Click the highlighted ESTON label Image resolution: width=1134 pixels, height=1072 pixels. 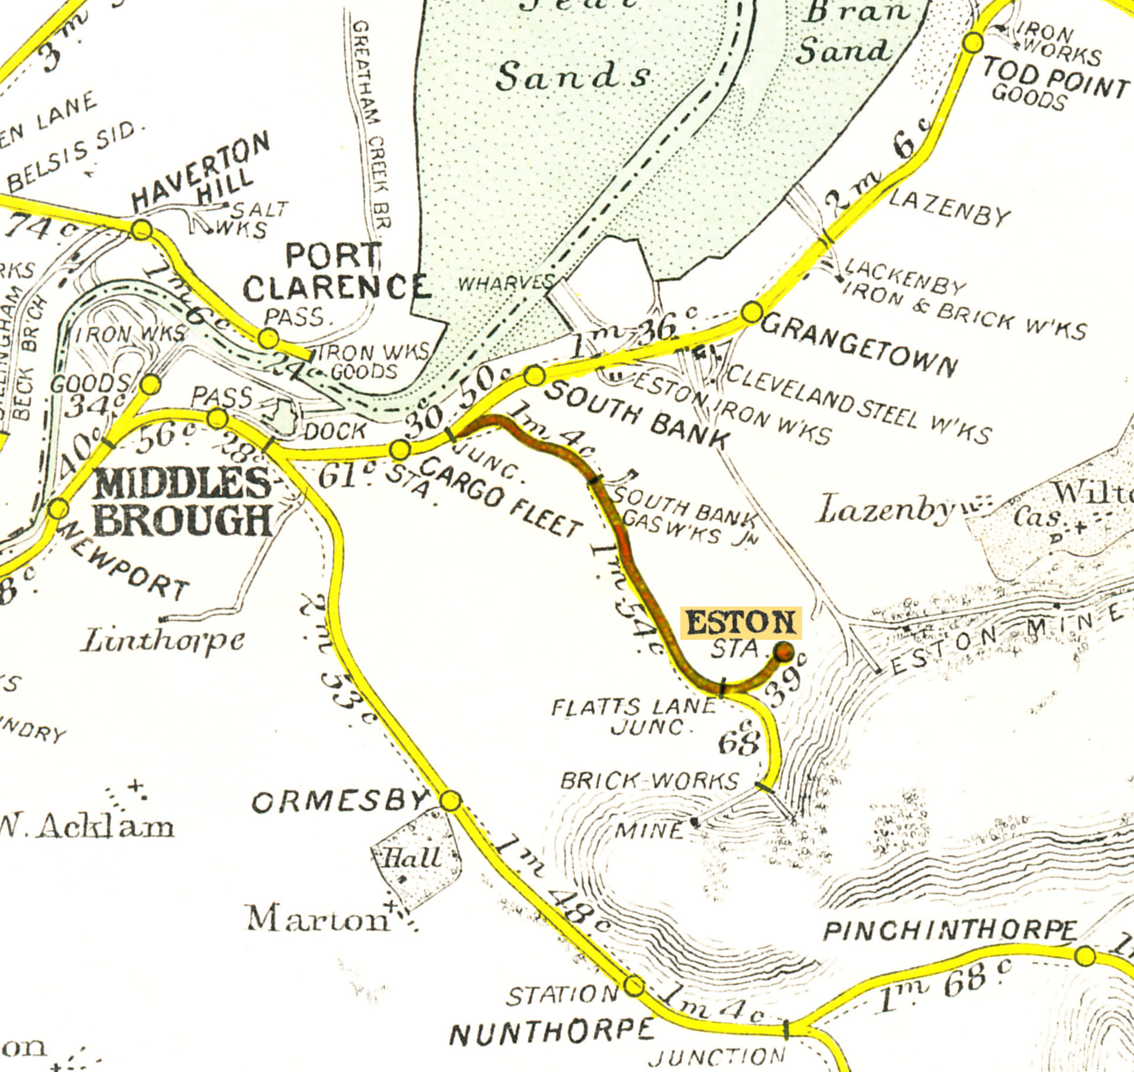741,623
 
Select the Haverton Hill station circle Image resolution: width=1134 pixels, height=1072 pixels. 141,229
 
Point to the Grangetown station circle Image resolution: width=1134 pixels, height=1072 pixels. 752,312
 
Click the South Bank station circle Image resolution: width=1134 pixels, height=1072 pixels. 534,375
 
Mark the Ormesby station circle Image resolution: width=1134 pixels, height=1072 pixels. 451,801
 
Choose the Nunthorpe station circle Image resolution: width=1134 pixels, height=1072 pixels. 634,986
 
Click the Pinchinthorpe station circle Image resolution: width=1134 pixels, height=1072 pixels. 1085,956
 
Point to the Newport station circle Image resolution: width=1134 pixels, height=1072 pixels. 59,509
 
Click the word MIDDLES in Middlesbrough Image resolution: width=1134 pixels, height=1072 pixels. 182,483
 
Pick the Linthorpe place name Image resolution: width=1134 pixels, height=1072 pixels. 163,640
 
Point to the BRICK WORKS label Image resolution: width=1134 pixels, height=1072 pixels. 650,781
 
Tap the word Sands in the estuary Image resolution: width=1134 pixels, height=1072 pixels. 572,77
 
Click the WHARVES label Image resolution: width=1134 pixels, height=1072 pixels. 506,283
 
